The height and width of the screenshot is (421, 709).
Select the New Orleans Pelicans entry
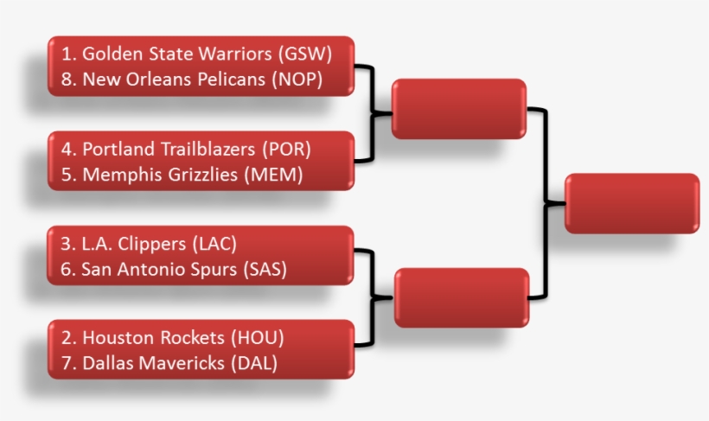191,80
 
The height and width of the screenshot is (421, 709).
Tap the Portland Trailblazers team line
186,149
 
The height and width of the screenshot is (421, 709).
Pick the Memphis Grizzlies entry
182,175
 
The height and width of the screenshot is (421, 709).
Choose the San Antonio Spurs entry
174,269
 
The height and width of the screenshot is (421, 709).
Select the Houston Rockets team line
172,337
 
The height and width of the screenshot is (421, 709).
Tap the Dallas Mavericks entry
169,363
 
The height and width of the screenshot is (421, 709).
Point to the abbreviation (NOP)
296,80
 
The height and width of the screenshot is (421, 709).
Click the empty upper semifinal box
459,109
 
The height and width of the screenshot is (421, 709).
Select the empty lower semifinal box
461,297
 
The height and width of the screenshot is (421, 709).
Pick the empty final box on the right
631,203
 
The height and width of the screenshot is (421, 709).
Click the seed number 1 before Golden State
66,53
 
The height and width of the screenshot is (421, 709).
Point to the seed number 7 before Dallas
66,363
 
